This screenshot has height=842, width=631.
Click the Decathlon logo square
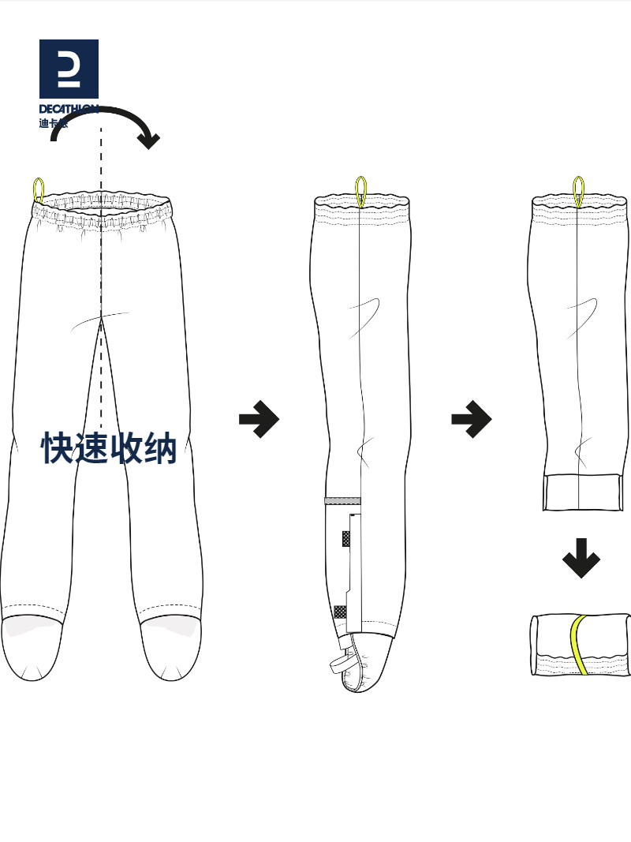coord(69,69)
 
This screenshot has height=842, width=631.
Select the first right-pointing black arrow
coord(259,419)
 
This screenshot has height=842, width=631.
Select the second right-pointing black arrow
coord(471,419)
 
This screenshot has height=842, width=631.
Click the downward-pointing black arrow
coord(581,558)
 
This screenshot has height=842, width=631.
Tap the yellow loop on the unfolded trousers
coord(38,190)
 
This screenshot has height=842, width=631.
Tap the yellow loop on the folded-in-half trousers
coord(361,190)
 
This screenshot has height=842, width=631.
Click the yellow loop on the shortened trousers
coord(578,190)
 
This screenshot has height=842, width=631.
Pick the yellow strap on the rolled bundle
coord(579,644)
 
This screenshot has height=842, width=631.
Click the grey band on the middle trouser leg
coord(342,501)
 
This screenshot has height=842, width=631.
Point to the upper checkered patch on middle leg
coord(346,539)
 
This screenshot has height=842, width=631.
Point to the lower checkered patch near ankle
coord(340,612)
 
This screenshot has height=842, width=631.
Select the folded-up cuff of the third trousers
coord(583,492)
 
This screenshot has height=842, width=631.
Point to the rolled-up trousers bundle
coord(581,644)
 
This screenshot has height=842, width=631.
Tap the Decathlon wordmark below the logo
coord(69,109)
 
